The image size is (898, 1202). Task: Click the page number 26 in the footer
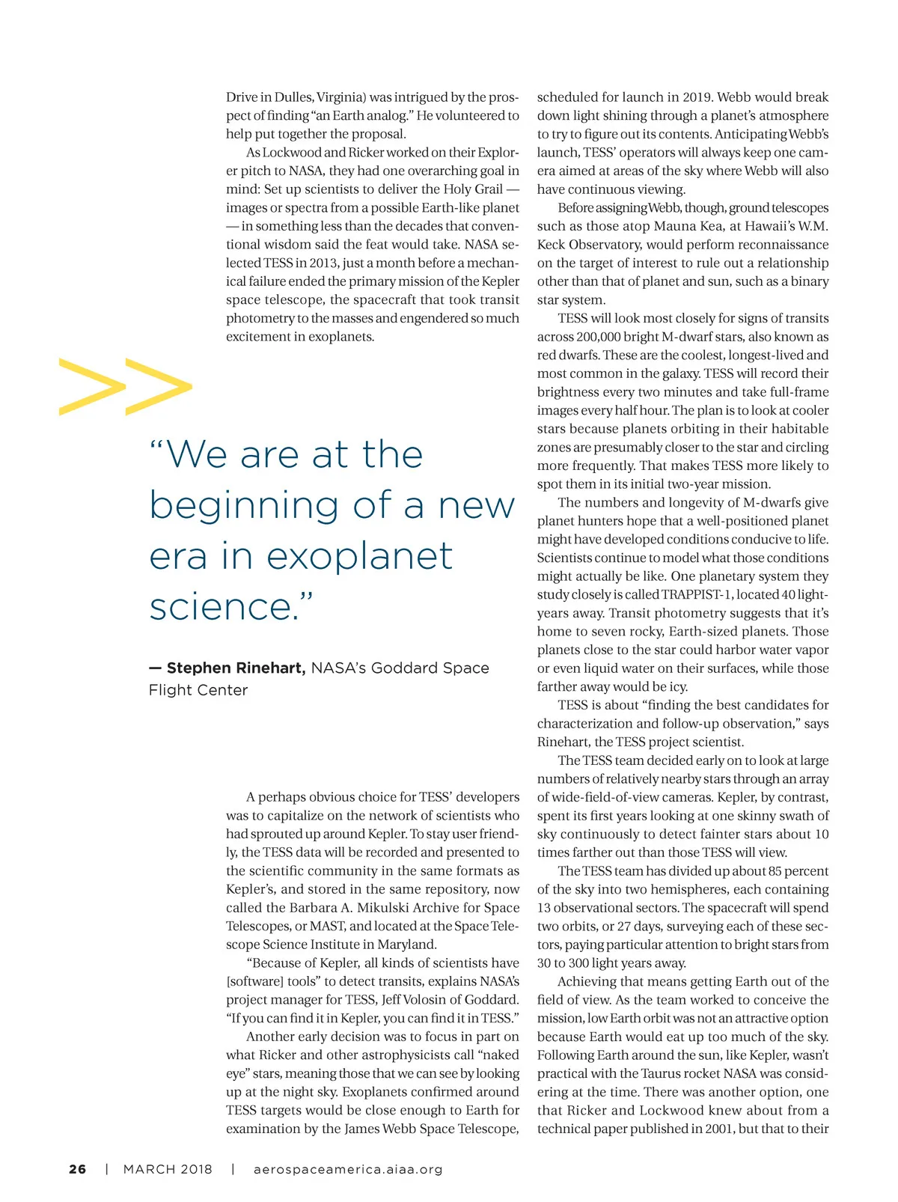coord(77,1169)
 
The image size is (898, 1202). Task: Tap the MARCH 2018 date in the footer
coord(168,1169)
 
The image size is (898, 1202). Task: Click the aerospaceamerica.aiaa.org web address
coord(348,1169)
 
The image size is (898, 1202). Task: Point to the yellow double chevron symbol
coord(126,386)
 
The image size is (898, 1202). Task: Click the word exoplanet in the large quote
coord(359,556)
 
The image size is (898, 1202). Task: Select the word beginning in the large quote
coord(244,506)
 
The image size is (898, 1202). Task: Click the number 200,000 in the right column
coord(602,337)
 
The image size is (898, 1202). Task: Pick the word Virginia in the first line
coord(340,97)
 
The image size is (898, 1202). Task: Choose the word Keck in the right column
coord(552,245)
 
